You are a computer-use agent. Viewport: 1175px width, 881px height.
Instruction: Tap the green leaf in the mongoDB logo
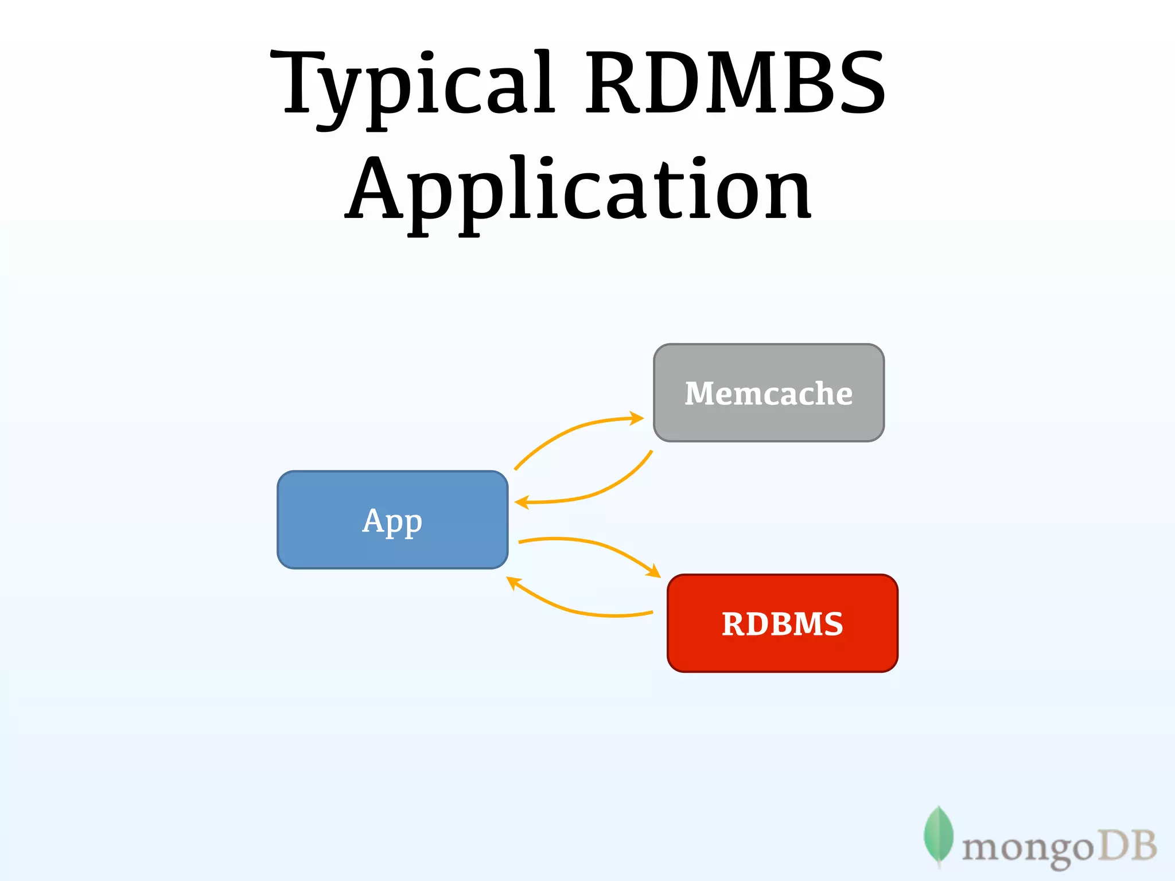(938, 835)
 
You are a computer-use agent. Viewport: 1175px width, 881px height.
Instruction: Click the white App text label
(392, 521)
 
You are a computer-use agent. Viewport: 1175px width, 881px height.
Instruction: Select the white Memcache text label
(769, 393)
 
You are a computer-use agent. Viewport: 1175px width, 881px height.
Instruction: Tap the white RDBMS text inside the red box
(783, 624)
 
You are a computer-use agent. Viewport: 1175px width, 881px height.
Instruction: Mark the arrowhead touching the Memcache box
(637, 418)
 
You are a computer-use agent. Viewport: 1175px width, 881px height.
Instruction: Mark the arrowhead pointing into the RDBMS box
(654, 571)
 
